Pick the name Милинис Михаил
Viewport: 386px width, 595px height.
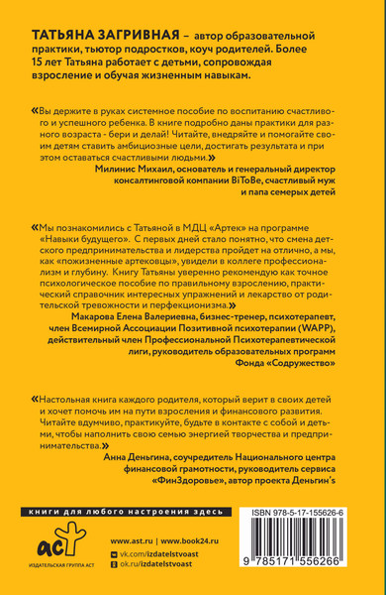pos(137,170)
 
